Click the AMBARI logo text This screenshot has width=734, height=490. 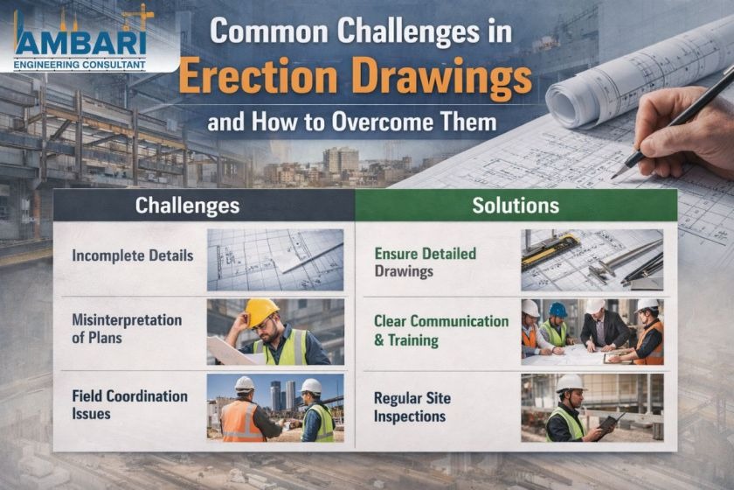tap(80, 43)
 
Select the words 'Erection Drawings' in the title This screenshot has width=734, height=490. tap(356, 76)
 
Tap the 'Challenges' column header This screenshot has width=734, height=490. tap(187, 206)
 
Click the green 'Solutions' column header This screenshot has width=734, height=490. tap(516, 206)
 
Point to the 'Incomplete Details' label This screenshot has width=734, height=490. tap(133, 256)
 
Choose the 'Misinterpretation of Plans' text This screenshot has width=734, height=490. tap(127, 329)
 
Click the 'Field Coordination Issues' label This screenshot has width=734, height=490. tap(129, 404)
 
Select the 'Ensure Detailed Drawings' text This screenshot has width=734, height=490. tap(425, 262)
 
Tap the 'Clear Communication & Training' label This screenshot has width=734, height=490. tap(441, 331)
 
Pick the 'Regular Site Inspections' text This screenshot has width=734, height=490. tap(412, 407)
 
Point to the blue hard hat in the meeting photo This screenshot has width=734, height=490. tap(557, 310)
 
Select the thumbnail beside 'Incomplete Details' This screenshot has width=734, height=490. tap(275, 260)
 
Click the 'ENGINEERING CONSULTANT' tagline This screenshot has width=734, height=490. tap(80, 65)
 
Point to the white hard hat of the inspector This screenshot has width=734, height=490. tap(570, 383)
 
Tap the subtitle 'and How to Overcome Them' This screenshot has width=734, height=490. tap(352, 122)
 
